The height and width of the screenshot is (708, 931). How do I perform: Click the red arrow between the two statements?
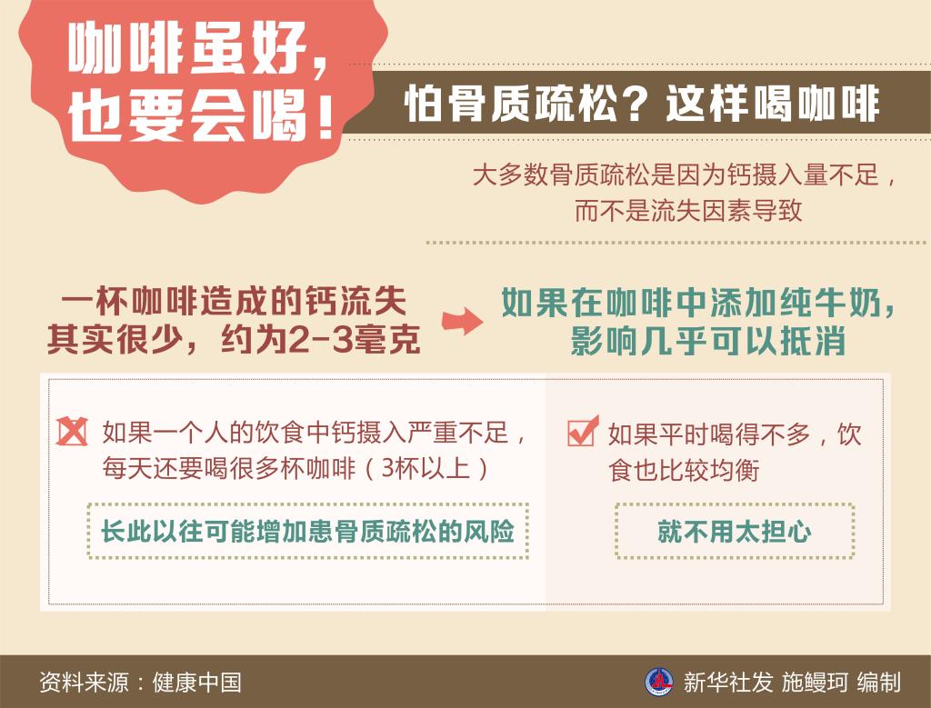[x=462, y=321]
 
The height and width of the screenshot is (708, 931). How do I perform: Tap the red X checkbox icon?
[x=72, y=432]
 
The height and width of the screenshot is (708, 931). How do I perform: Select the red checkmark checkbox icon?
[x=583, y=431]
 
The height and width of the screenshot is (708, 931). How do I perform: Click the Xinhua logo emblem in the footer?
[x=659, y=682]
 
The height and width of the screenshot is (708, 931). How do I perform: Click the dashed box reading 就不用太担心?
[x=735, y=531]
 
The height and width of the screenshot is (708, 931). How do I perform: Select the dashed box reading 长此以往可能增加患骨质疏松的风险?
[x=307, y=531]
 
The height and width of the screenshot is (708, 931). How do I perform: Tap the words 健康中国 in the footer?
[x=197, y=683]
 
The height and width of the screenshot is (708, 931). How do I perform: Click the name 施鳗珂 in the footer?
[x=814, y=683]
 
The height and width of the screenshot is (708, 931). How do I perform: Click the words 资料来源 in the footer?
[x=84, y=683]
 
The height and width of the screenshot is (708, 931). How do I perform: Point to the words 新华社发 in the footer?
[x=728, y=683]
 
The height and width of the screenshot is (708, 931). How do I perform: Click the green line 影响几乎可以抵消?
[x=707, y=341]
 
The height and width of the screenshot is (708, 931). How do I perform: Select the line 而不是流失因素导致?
[x=688, y=210]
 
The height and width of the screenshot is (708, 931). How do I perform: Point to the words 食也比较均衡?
[x=684, y=471]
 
